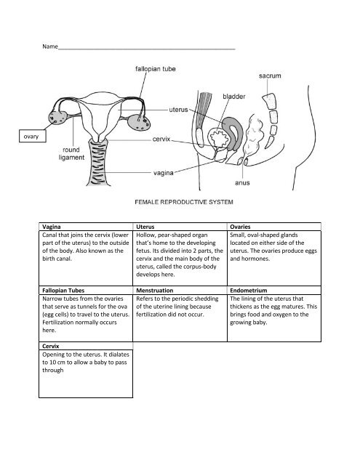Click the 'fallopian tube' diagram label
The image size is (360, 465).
point(160,70)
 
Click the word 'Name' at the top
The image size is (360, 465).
point(49,47)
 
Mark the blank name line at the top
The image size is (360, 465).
point(145,49)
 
